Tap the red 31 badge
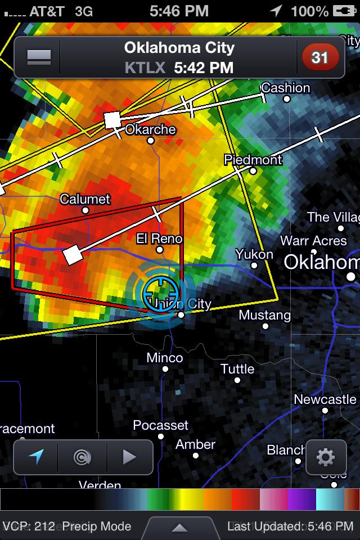(320, 57)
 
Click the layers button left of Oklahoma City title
(39, 57)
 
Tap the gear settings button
(326, 457)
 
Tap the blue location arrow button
(36, 457)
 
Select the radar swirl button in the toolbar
(82, 457)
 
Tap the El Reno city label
(160, 238)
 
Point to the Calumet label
(85, 199)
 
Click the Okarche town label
(150, 129)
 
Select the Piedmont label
(253, 160)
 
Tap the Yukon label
(254, 254)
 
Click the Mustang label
(264, 315)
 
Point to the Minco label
(165, 358)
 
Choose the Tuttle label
(237, 369)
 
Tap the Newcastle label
(325, 399)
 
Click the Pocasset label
(160, 425)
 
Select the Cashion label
(286, 88)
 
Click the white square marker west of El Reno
(73, 254)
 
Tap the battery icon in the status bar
(341, 11)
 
